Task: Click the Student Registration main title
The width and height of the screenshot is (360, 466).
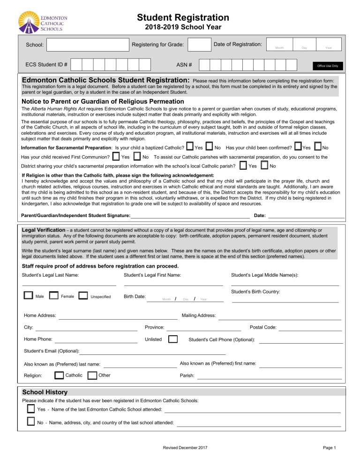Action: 183,18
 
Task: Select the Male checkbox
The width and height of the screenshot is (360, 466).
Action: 28,296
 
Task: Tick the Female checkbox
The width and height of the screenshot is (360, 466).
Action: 54,296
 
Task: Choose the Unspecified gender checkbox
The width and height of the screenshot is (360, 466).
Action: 83,296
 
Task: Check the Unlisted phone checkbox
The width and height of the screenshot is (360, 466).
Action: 172,339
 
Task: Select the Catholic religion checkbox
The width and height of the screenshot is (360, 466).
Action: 59,375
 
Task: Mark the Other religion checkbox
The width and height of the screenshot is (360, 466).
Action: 92,375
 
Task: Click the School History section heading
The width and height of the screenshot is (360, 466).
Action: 45,392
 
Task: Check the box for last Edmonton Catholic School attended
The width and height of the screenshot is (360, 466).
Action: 30,409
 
